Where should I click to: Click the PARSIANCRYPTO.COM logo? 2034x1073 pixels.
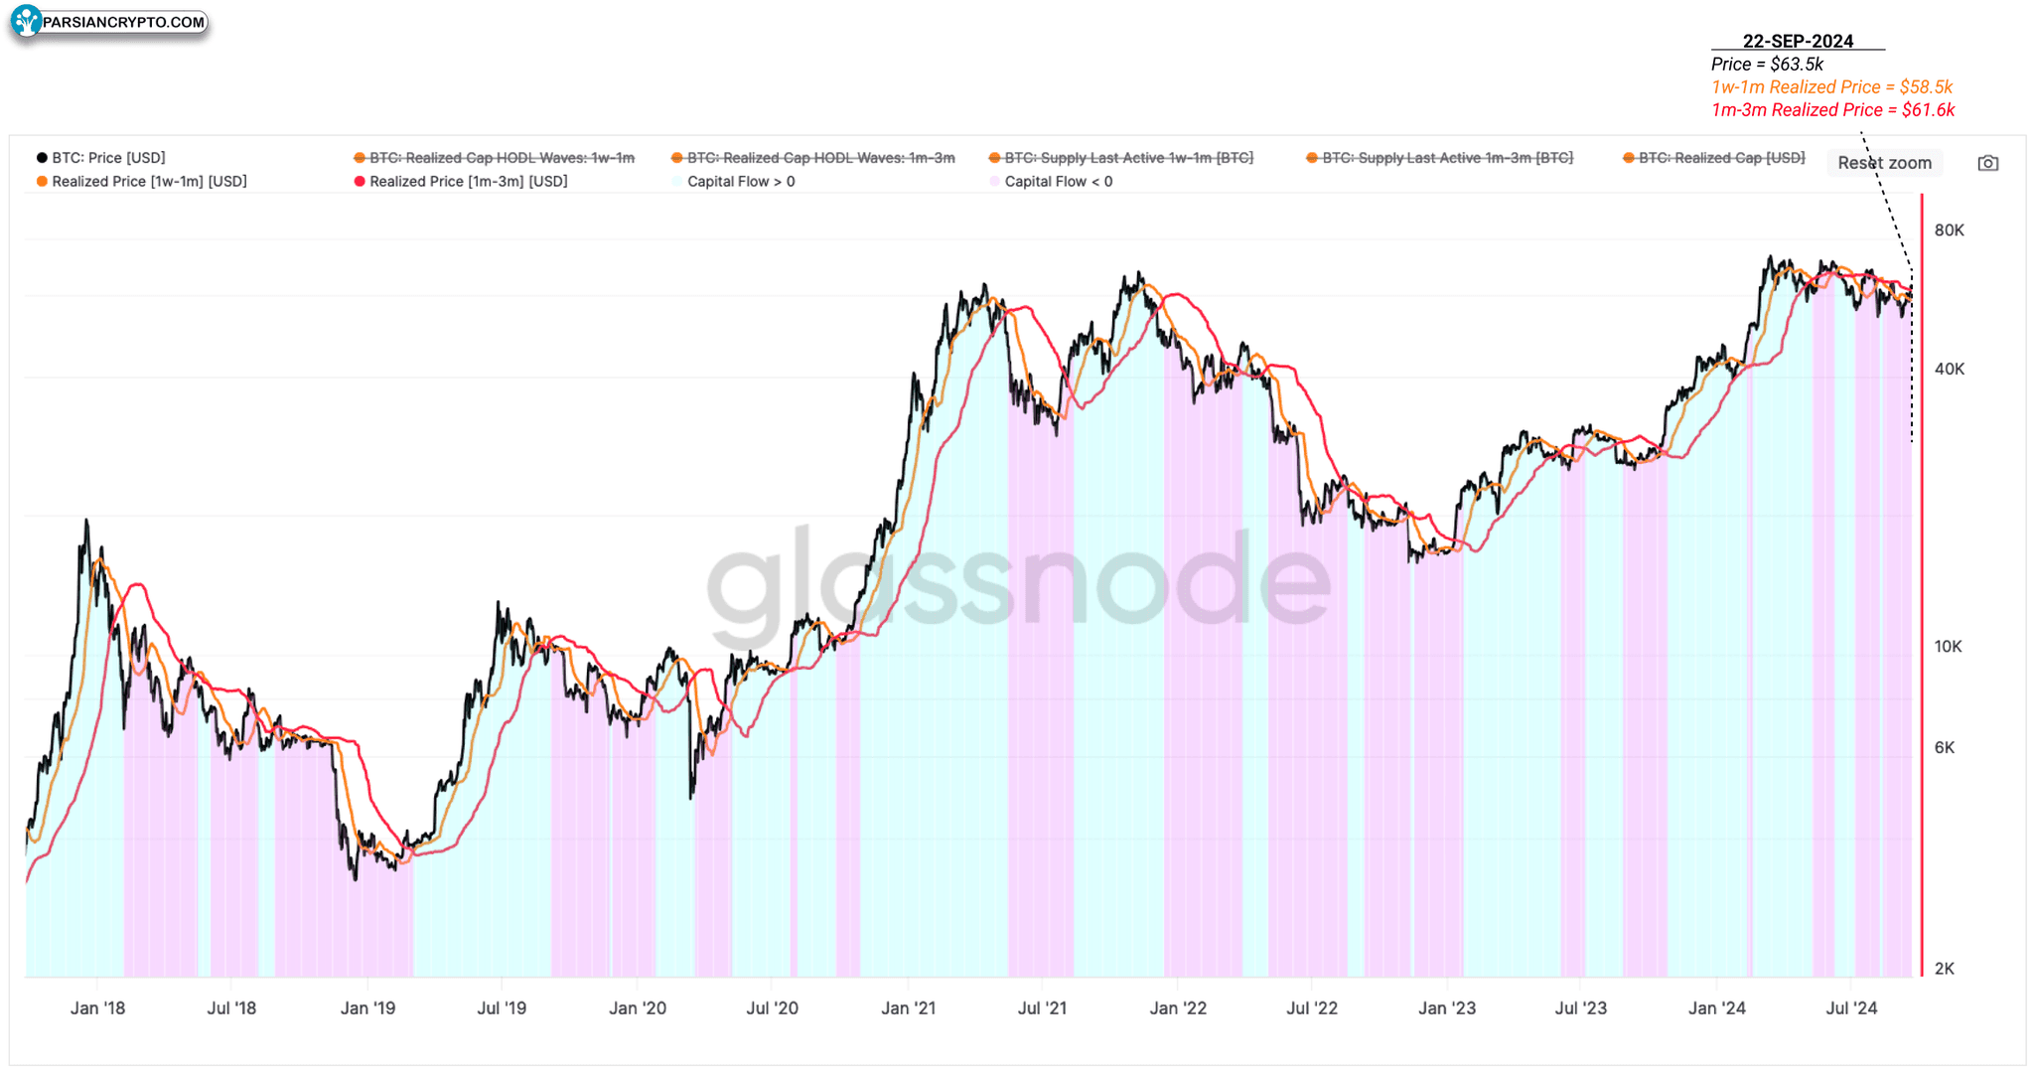109,22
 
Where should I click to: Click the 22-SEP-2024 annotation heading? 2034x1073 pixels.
1798,41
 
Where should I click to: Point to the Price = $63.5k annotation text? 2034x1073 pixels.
1767,65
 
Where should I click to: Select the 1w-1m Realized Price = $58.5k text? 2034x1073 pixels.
1831,87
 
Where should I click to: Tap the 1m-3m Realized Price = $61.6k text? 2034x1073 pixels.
1832,110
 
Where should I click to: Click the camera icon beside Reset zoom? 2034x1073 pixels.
1987,163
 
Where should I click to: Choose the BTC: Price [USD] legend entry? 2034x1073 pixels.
101,158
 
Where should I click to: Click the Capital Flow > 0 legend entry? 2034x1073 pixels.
735,182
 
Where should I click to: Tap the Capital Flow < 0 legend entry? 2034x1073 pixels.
1052,182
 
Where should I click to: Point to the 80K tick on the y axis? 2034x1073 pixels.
1949,230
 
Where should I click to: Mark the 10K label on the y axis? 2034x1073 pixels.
1948,647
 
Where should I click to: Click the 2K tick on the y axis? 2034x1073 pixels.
1945,969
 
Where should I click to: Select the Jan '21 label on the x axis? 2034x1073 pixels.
908,1008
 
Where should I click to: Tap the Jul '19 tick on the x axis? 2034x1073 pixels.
502,1008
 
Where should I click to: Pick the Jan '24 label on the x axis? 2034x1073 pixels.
1716,1008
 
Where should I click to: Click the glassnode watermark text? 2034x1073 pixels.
1017,581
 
